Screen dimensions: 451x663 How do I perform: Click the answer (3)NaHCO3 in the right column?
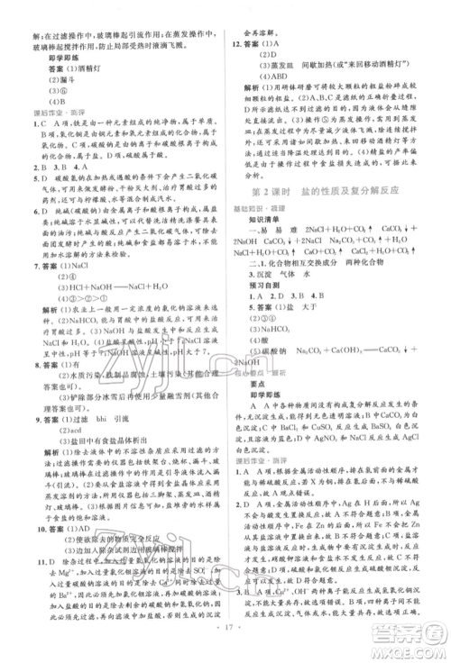[x=271, y=358]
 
